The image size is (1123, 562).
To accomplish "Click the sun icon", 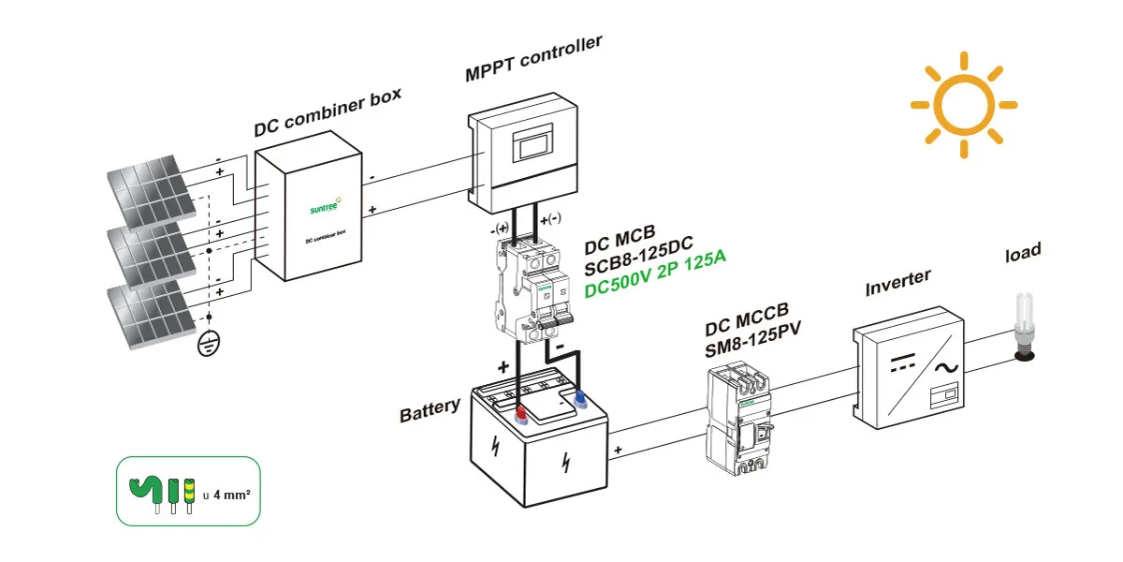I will (x=963, y=105).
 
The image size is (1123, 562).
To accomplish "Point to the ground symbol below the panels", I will (x=209, y=347).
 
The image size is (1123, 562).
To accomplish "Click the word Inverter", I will (x=897, y=281).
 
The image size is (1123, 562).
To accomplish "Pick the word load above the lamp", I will (x=1023, y=253).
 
